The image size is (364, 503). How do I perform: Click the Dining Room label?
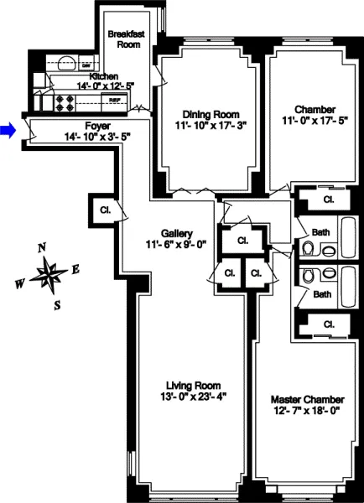tap(211, 115)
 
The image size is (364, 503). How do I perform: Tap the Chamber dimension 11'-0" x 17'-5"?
tap(315, 120)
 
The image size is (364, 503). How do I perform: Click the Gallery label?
tap(178, 233)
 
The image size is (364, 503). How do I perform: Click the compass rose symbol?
tap(50, 273)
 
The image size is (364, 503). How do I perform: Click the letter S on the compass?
tap(57, 305)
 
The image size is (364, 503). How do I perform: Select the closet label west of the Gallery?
tap(106, 210)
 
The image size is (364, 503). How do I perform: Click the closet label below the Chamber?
tap(328, 200)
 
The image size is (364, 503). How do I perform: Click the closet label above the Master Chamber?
tap(328, 324)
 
